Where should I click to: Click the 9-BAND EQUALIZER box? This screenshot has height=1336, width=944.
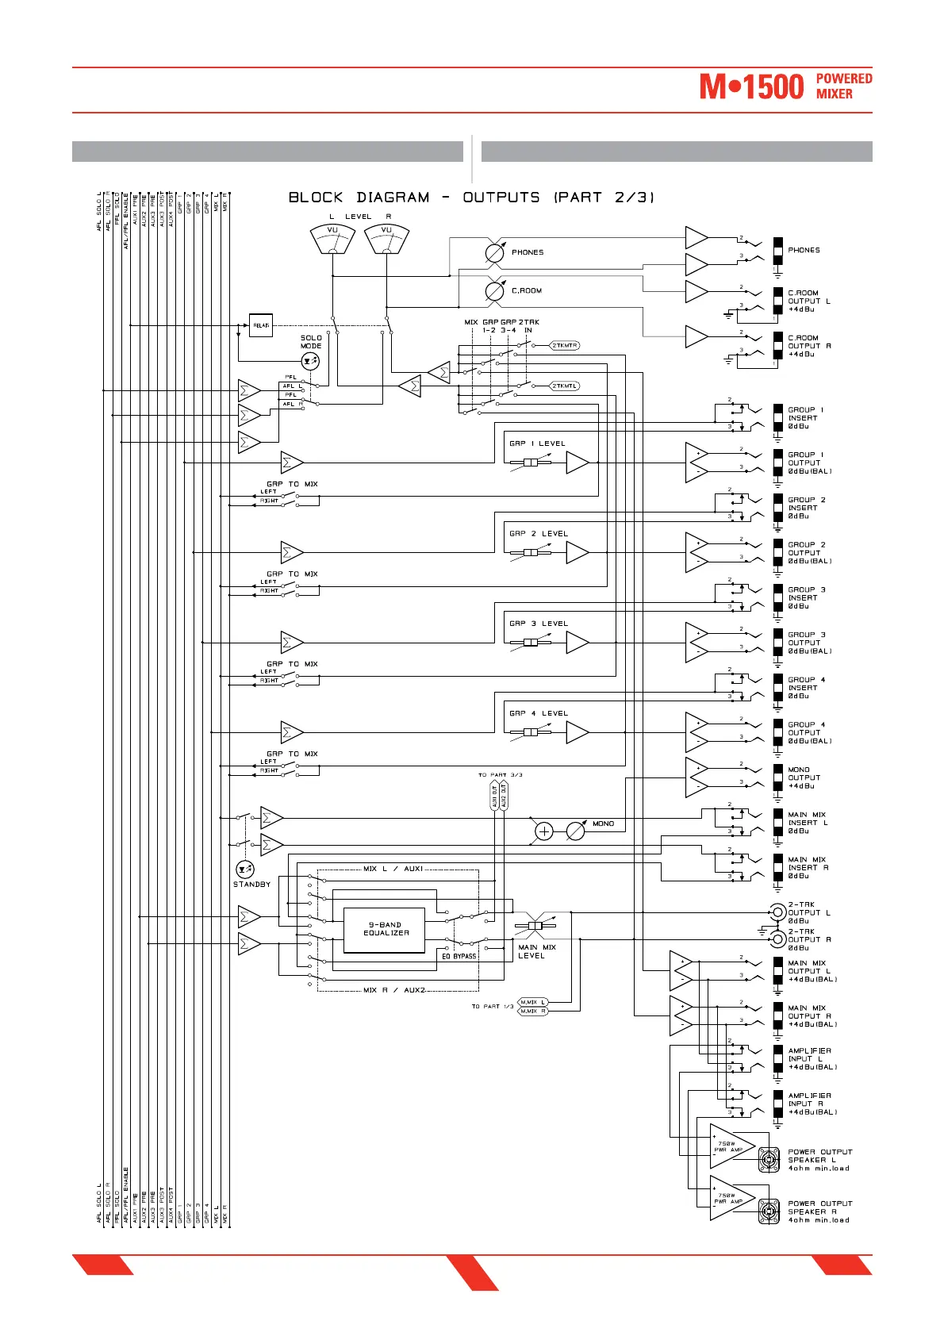(385, 929)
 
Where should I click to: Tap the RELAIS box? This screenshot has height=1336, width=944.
(261, 325)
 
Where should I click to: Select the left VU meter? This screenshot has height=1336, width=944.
(332, 239)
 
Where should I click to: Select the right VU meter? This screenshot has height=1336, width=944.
(386, 239)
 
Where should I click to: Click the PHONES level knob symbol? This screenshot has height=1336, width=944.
(494, 252)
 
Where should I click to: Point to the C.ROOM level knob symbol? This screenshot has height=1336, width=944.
(494, 291)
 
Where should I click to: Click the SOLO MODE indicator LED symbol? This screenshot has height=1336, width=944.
(310, 362)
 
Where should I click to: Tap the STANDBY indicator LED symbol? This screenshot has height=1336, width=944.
(245, 869)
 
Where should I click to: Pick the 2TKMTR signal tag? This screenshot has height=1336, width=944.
(565, 346)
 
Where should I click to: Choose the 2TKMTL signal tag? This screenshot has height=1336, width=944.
(565, 386)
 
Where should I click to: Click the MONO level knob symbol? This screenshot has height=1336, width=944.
(575, 831)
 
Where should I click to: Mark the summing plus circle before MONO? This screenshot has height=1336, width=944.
(544, 831)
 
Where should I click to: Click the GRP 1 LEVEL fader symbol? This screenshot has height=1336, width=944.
(531, 463)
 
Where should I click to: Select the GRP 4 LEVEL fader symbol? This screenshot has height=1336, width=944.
(531, 732)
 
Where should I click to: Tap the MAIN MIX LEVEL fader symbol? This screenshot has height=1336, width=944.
(535, 926)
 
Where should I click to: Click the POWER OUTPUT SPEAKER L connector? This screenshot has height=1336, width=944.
(767, 1160)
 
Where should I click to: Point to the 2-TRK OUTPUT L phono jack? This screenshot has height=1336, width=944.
(778, 912)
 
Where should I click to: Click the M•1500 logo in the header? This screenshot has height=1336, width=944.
(750, 86)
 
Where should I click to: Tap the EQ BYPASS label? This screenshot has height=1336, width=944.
(459, 956)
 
